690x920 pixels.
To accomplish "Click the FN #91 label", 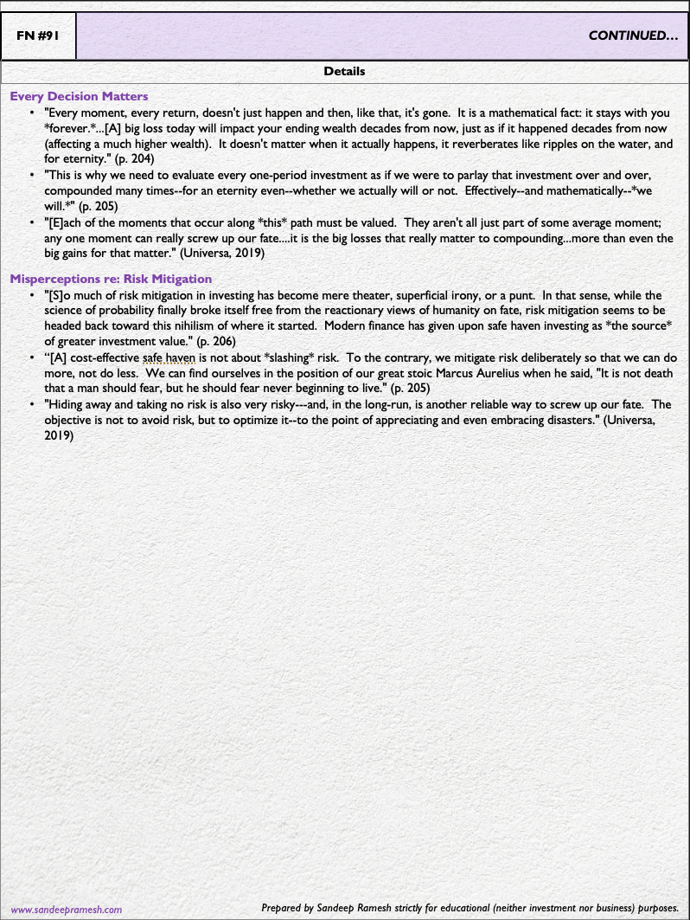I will [x=38, y=36].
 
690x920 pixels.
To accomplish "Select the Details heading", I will [x=344, y=71].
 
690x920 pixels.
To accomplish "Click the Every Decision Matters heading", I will [x=79, y=96].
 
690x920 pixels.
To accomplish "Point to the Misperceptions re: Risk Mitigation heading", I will [x=111, y=279].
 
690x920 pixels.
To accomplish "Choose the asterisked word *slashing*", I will [x=265, y=357].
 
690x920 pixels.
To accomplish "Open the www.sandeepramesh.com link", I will [x=66, y=909].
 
